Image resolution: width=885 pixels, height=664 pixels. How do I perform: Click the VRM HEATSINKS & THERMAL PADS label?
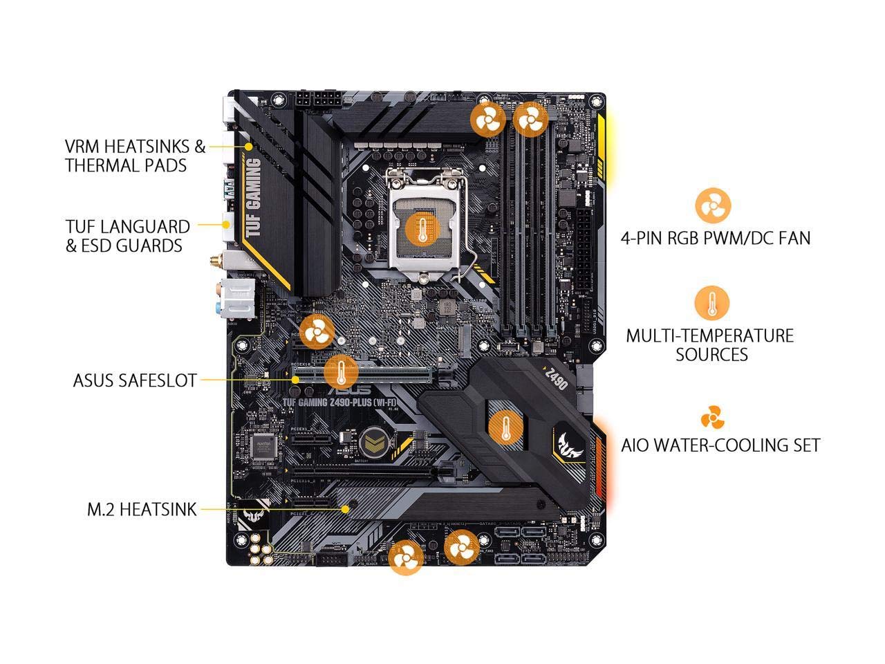(135, 156)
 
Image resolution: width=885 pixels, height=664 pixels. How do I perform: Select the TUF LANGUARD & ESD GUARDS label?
(127, 236)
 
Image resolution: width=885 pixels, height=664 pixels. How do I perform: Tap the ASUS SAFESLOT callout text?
(134, 380)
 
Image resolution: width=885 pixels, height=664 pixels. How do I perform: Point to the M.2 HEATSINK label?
(141, 510)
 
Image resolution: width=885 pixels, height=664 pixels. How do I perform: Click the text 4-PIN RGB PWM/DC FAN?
(715, 239)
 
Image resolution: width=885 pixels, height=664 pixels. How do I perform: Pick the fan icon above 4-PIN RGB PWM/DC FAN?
(712, 205)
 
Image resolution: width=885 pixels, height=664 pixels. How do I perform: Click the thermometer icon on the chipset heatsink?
(505, 427)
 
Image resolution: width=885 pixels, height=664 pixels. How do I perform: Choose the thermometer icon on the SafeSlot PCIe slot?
(341, 373)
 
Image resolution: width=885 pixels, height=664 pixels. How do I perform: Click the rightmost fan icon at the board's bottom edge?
(461, 549)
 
